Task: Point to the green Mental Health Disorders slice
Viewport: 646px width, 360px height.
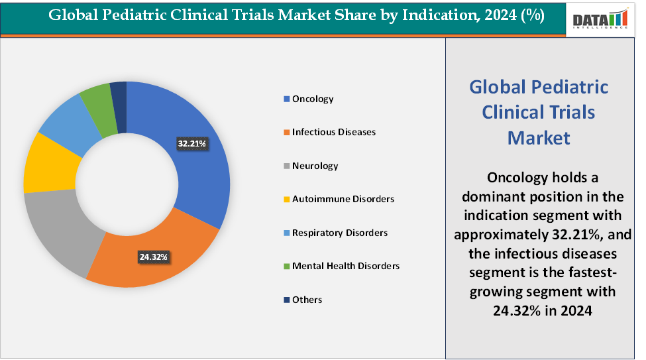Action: (95, 99)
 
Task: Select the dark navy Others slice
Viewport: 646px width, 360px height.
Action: (119, 93)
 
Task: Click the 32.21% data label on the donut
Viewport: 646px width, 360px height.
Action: (192, 143)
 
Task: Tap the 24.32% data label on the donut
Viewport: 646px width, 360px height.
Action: (153, 257)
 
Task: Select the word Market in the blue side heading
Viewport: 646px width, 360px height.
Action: (538, 137)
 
